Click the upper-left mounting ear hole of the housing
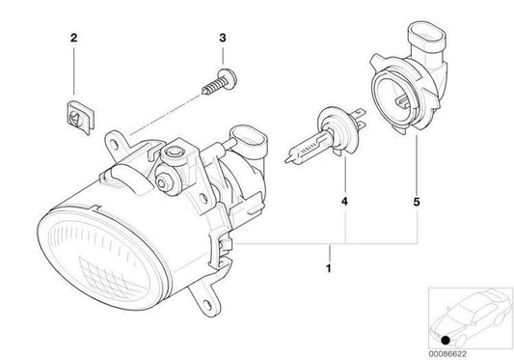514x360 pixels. tap(114, 139)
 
